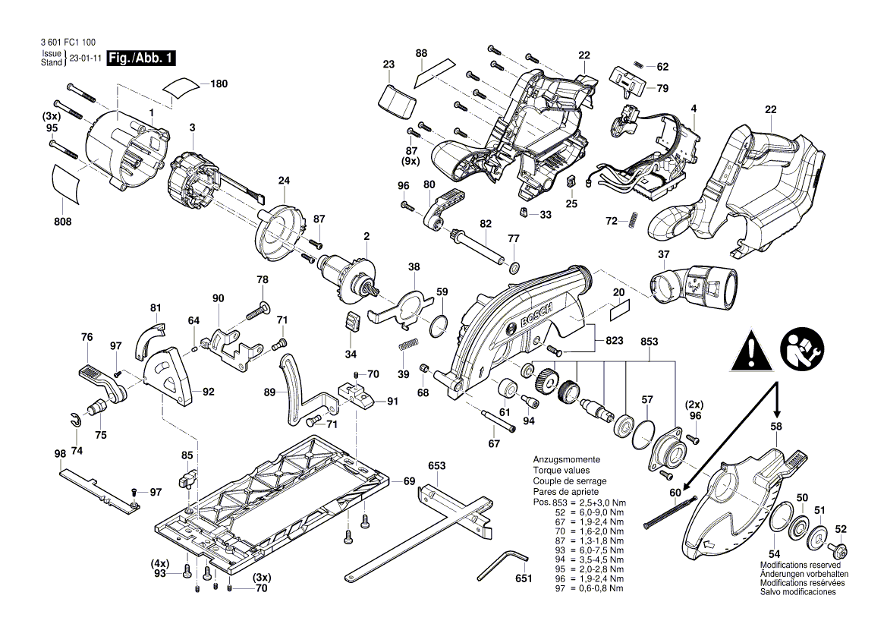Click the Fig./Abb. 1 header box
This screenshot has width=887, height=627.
coord(142,58)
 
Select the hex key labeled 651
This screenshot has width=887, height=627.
coord(510,561)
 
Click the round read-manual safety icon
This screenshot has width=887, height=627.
coord(799,348)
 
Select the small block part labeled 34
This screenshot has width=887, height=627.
coord(352,321)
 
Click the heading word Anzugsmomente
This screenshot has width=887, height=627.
coord(567,460)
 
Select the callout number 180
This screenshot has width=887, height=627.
coord(219,83)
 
